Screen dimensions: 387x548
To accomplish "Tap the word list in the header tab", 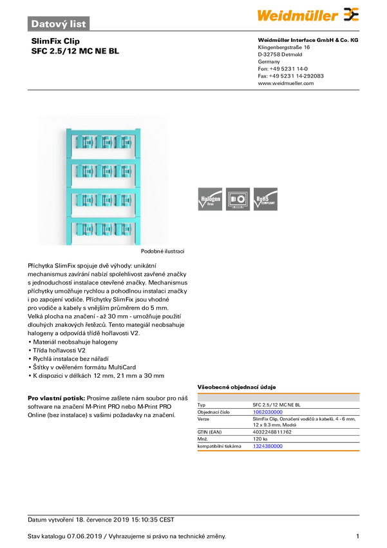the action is pyautogui.click(x=77, y=23).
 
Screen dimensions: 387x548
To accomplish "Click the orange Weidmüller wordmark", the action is pyautogui.click(x=298, y=15).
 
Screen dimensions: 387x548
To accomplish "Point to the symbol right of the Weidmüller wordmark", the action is pyautogui.click(x=351, y=14).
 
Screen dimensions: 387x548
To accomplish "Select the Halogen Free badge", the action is pyautogui.click(x=209, y=199).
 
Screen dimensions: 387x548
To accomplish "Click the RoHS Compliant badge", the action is pyautogui.click(x=266, y=199).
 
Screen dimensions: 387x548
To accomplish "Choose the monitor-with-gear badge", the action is pyautogui.click(x=238, y=199).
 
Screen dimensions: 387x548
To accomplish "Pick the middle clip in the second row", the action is pyautogui.click(x=105, y=171).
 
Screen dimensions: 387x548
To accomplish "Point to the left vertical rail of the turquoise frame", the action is pyautogui.click(x=69, y=187).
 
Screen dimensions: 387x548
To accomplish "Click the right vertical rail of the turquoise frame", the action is pyautogui.click(x=137, y=187).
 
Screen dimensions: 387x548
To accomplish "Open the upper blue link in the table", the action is pyautogui.click(x=267, y=412).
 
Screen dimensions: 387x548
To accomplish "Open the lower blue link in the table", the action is pyautogui.click(x=267, y=445).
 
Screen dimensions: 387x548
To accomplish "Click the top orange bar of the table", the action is pyautogui.click(x=278, y=392).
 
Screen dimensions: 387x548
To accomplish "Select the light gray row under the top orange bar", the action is pyautogui.click(x=278, y=399).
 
